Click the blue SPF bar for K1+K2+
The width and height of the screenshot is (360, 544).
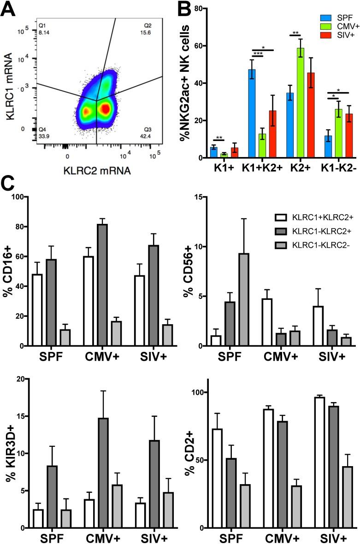(252, 114)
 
